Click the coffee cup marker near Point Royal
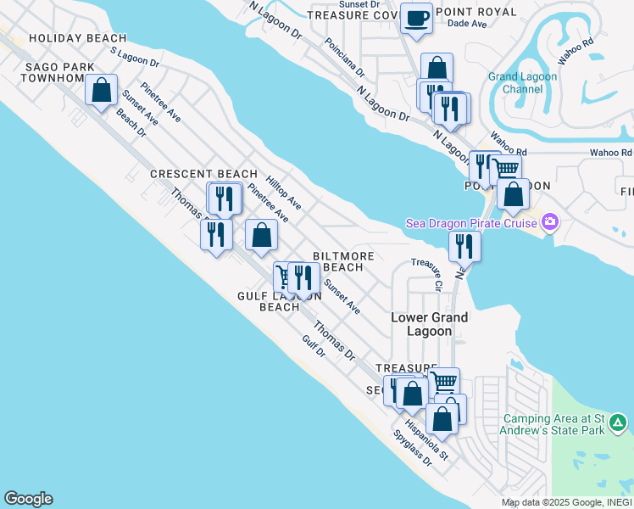coord(415,18)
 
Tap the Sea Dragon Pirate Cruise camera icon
coord(551,223)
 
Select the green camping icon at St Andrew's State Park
coord(619,422)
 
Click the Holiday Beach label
coord(77,38)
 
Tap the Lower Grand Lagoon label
coord(430,324)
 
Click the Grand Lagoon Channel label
coord(522,82)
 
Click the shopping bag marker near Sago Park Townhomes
coord(102,91)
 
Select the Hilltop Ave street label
coord(283,193)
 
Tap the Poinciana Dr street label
coord(344,57)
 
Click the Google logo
coord(28,499)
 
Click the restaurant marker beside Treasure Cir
coord(464,246)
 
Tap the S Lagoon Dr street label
coord(136,57)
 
